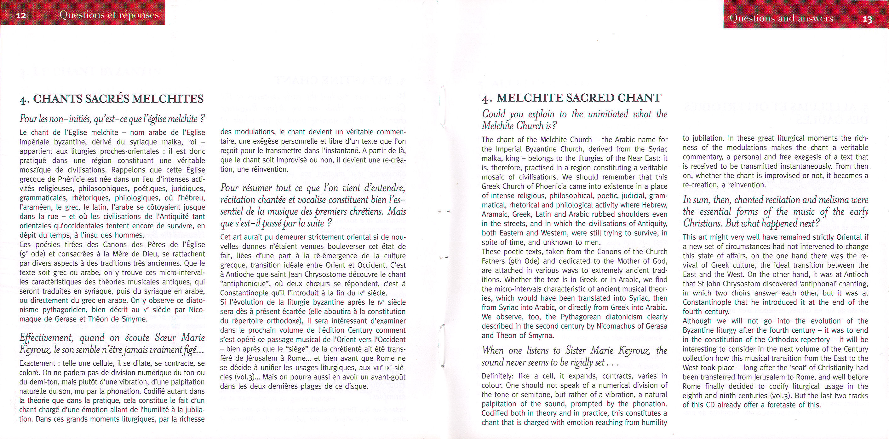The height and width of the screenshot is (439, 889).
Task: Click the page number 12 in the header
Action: [x=21, y=15]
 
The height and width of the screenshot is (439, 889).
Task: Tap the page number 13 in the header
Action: [x=867, y=19]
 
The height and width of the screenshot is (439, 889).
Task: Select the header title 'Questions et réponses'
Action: [x=109, y=15]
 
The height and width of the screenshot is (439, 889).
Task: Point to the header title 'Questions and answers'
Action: [x=781, y=18]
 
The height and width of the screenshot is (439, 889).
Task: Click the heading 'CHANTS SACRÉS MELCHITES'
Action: [x=118, y=99]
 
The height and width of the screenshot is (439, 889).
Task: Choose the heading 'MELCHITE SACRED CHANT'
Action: [x=579, y=98]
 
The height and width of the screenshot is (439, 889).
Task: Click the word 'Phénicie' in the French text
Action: [x=77, y=179]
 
